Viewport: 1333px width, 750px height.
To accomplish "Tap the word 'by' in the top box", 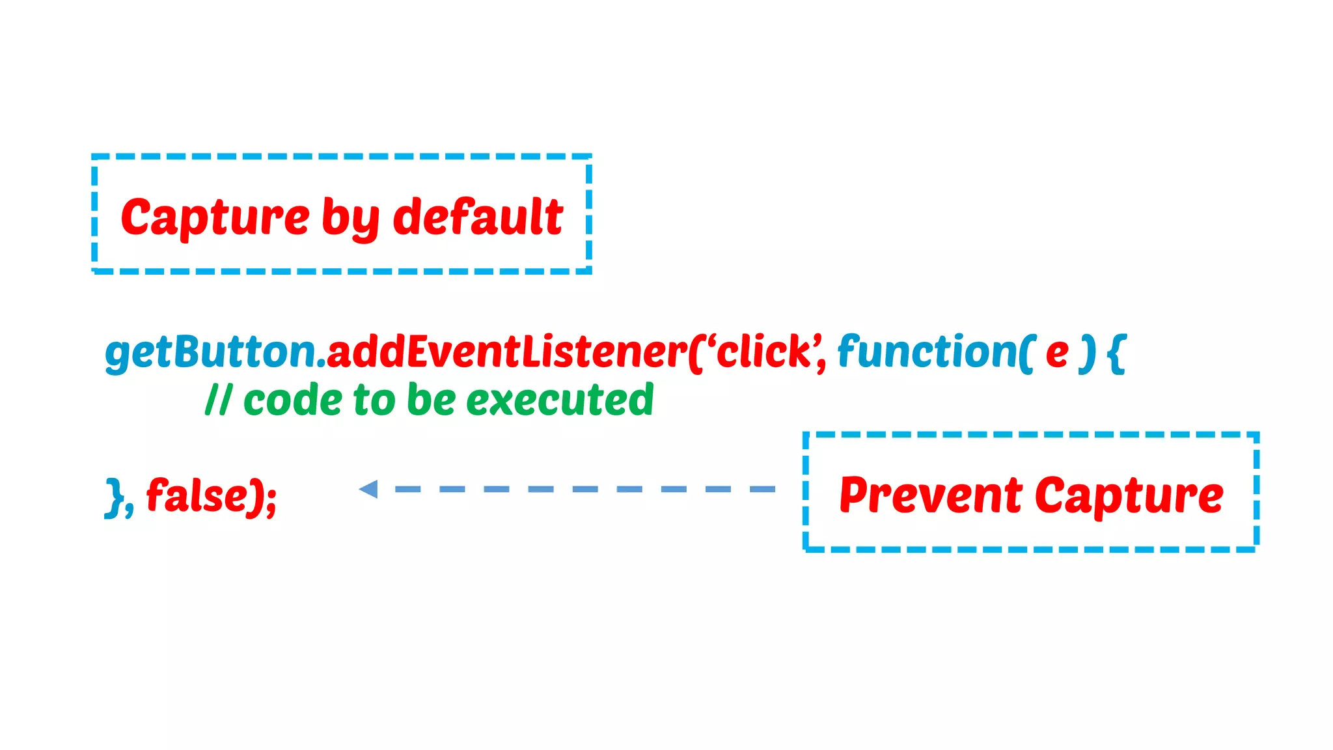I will (x=350, y=219).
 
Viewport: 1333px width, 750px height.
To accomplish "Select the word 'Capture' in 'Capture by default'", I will (x=215, y=218).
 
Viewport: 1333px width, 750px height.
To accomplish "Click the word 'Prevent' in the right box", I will (x=931, y=495).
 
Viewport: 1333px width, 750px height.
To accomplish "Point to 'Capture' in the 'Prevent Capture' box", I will (x=1129, y=497).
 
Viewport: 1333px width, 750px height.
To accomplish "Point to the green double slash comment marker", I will (x=218, y=400).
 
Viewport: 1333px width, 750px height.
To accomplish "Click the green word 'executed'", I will (x=560, y=400).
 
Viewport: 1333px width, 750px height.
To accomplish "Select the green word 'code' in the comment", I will (x=292, y=400).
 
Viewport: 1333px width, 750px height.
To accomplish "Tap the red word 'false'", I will (x=196, y=495).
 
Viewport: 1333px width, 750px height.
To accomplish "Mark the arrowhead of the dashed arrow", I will (x=369, y=489).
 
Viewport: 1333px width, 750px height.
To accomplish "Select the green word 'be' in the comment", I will (x=431, y=400).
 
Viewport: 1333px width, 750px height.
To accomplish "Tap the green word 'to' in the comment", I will (x=374, y=400).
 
